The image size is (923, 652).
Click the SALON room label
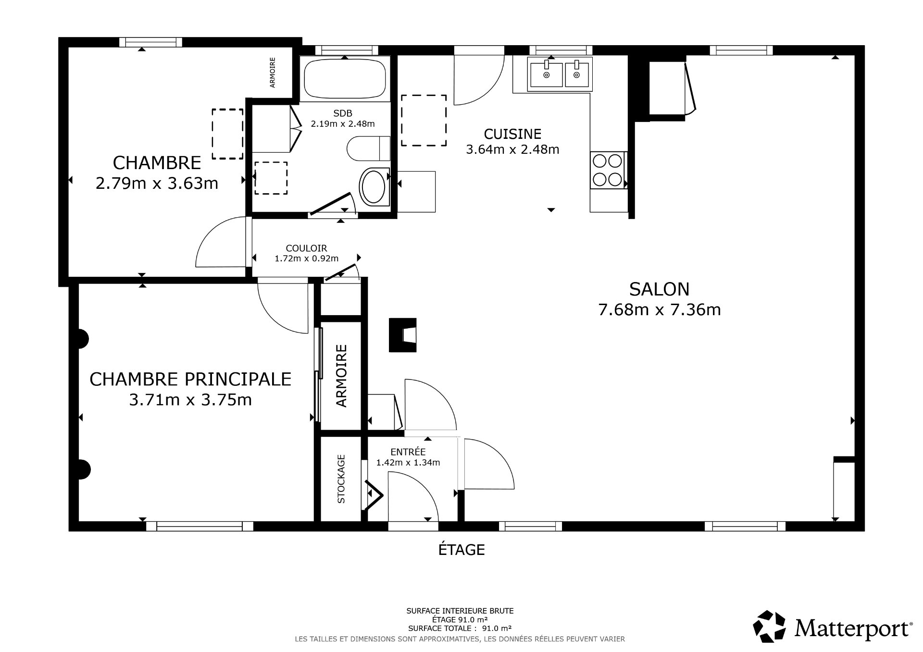[x=659, y=289]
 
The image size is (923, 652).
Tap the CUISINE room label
[x=512, y=134]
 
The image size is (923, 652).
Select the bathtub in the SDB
[x=345, y=78]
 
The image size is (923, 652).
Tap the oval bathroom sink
[x=373, y=187]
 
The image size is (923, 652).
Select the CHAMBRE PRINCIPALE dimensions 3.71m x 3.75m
[x=190, y=400]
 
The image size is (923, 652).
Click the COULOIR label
[x=306, y=248]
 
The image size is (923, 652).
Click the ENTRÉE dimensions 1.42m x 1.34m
[x=408, y=463]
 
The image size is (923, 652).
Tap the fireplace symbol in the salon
[x=403, y=335]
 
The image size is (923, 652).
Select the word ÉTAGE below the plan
[x=461, y=550]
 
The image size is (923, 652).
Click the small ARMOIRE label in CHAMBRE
[x=273, y=73]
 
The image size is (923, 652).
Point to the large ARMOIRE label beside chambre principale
[x=341, y=376]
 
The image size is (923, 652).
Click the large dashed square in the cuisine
[x=424, y=120]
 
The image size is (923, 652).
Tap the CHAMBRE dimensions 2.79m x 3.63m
[x=157, y=184]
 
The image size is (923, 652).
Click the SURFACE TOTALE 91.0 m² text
[x=460, y=628]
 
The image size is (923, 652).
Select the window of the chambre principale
[x=200, y=526]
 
